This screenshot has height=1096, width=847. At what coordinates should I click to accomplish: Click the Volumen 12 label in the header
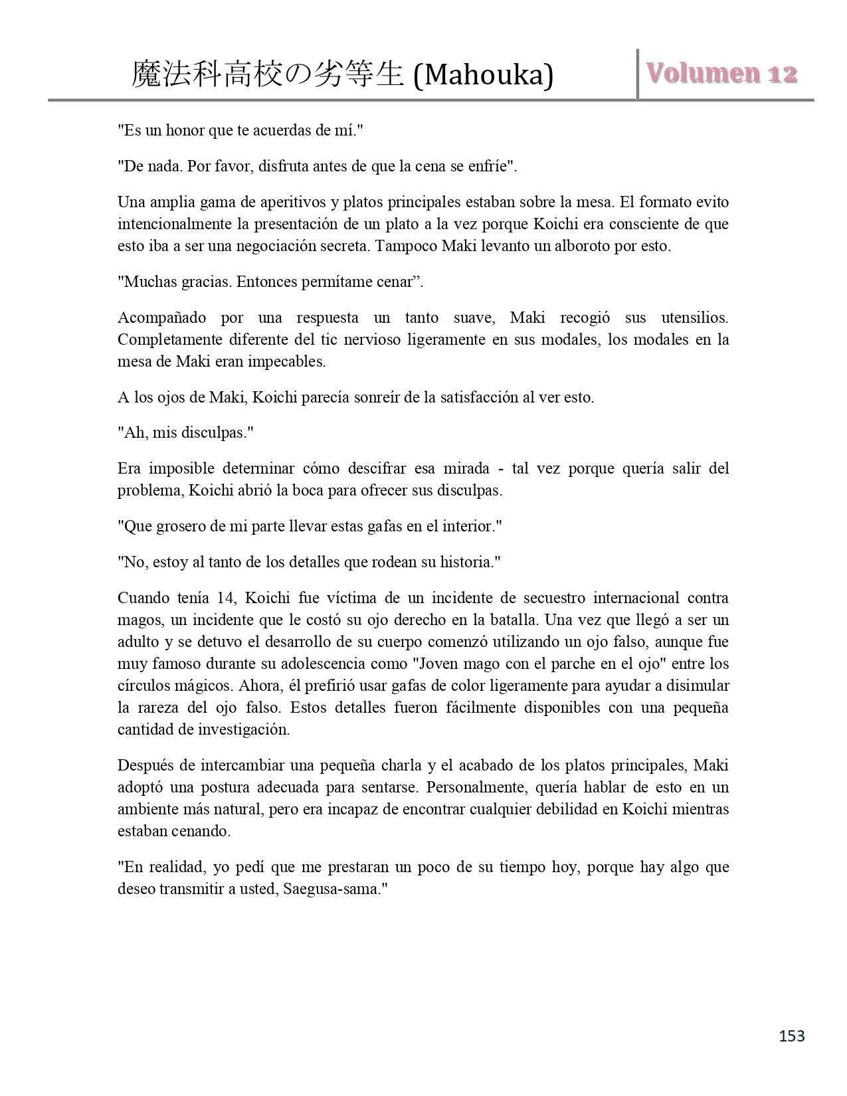pos(722,74)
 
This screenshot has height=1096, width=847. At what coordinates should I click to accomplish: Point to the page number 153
pos(791,1036)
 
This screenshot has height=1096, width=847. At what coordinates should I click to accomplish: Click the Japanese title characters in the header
pos(268,75)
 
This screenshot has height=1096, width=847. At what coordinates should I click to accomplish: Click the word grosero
pos(180,527)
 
